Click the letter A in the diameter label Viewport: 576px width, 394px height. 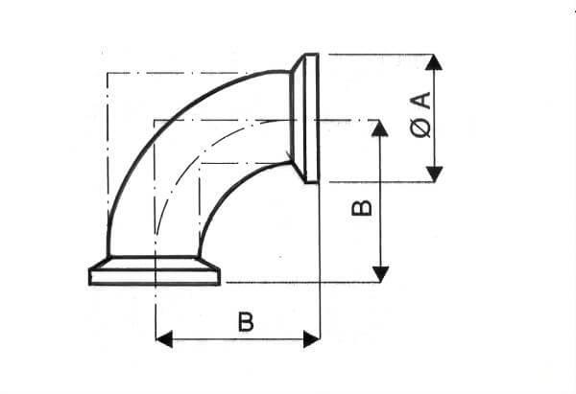click(420, 101)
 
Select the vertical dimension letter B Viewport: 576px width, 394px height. click(362, 208)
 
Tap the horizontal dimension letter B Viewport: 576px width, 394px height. click(246, 322)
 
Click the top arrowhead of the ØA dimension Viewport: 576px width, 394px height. click(434, 62)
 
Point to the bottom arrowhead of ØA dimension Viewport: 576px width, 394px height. click(434, 174)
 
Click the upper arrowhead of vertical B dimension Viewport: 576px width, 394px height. click(380, 128)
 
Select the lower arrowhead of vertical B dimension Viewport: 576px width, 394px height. click(380, 274)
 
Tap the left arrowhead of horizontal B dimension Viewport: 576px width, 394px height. click(164, 339)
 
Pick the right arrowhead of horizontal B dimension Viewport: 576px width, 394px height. click(311, 339)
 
